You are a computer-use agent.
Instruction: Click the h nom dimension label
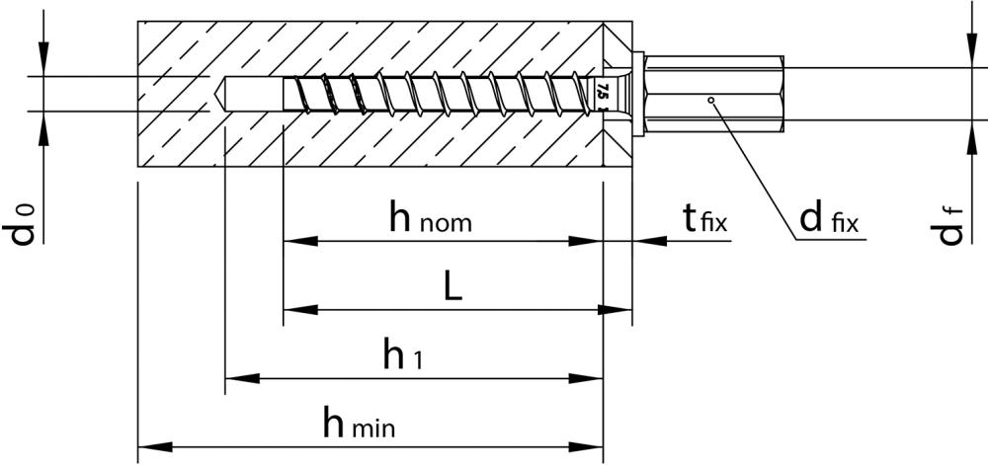(x=429, y=219)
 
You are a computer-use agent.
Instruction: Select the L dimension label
(x=451, y=288)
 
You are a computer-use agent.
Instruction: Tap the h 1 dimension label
(x=402, y=357)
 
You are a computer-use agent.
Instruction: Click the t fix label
(x=704, y=219)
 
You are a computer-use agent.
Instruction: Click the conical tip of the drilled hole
(x=219, y=94)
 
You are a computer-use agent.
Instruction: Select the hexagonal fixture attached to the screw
(x=711, y=94)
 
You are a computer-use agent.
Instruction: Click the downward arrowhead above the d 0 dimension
(x=43, y=62)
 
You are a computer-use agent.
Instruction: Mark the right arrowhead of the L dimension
(x=617, y=309)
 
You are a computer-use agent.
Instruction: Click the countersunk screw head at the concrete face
(x=617, y=94)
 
